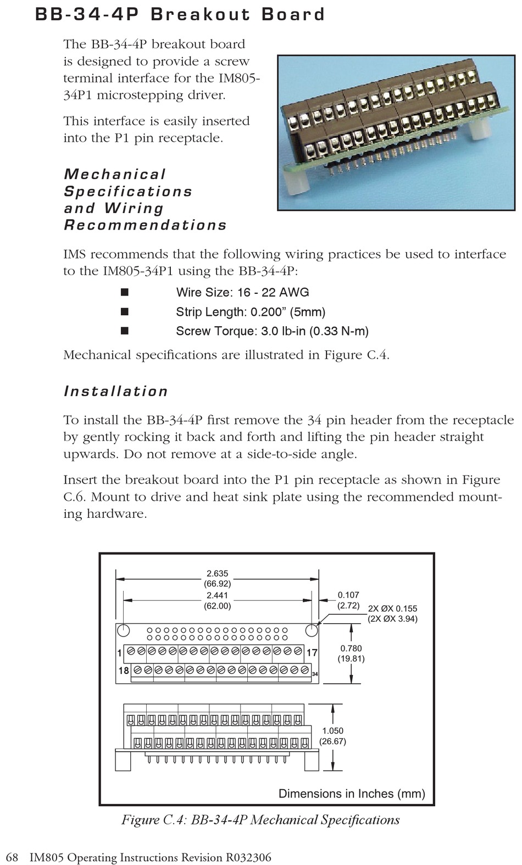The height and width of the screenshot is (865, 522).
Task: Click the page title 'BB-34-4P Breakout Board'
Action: (180, 14)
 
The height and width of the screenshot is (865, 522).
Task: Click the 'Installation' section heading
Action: (116, 391)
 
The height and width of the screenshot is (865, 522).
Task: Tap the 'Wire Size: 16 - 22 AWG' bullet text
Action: (242, 292)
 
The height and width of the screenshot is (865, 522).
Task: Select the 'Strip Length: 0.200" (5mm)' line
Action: (251, 312)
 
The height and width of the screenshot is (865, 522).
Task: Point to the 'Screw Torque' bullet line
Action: (272, 331)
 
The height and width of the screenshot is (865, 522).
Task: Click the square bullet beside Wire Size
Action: (125, 292)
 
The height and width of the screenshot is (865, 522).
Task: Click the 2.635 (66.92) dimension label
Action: (217, 578)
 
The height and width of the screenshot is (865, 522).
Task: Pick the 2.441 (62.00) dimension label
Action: (217, 600)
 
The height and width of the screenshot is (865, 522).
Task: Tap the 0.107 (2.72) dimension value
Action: (348, 600)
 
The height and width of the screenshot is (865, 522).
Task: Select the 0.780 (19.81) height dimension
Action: (351, 653)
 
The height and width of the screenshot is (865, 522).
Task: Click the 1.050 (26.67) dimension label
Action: (332, 736)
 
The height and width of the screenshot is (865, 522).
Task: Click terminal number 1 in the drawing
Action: (119, 653)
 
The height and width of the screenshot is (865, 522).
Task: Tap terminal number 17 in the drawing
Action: (312, 653)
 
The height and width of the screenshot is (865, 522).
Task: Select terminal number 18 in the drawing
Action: (124, 671)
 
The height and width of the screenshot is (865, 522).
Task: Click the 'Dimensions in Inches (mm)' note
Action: (352, 793)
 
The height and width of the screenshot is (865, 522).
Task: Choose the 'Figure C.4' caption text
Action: (260, 820)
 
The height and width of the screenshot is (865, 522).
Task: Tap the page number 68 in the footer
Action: (12, 857)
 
